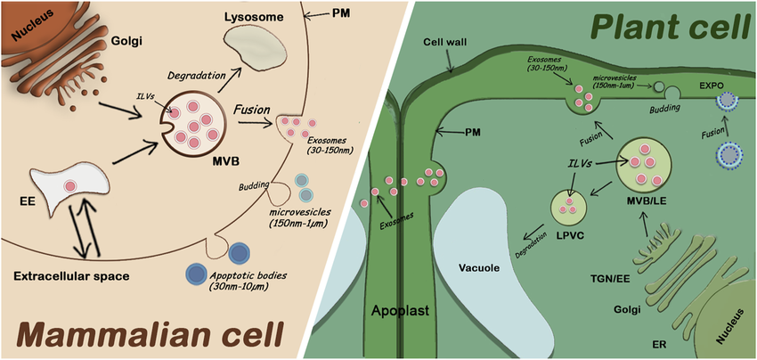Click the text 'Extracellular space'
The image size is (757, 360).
pos(71,276)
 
